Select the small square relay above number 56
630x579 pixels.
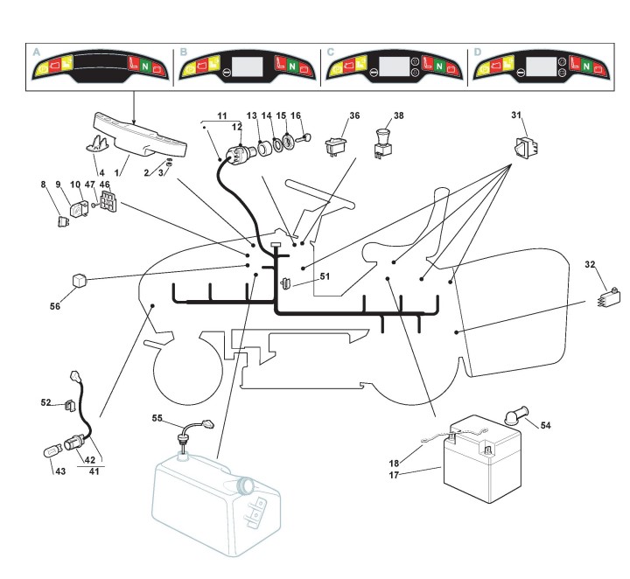79,281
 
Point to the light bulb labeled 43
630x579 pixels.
51,453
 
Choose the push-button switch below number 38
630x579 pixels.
381,143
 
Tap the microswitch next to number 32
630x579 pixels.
608,297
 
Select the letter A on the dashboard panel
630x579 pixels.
37,52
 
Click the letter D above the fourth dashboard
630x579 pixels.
477,52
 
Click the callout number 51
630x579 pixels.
325,276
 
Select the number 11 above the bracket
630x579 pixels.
222,115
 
